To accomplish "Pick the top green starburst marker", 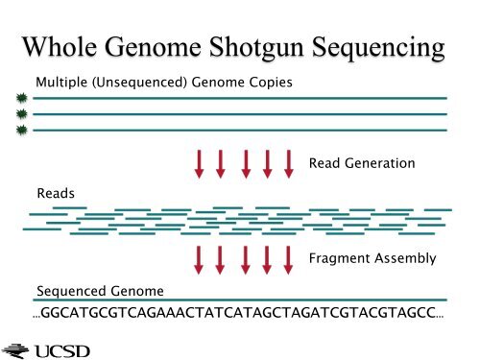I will tap(20, 98).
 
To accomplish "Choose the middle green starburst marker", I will tap(20, 113).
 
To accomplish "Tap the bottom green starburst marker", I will tap(20, 129).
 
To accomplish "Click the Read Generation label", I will tap(362, 164).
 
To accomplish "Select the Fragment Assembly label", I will tap(372, 258).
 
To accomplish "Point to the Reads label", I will tap(55, 193).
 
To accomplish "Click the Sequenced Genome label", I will tap(100, 291).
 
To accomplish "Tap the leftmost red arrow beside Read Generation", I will tap(200, 163).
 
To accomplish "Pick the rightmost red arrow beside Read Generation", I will tap(288, 163).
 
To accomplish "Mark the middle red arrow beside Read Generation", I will tap(244, 163).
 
